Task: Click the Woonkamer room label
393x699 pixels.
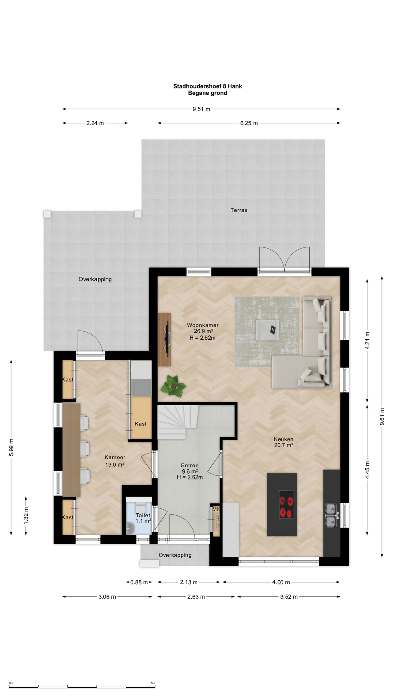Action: (x=203, y=325)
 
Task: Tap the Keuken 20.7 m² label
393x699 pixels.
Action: (x=283, y=442)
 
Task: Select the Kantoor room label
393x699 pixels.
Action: (x=115, y=457)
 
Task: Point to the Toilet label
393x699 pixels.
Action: (x=143, y=515)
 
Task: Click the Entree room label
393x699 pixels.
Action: (x=190, y=465)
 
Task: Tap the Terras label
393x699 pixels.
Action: (x=239, y=210)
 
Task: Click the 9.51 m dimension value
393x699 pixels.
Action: (x=201, y=109)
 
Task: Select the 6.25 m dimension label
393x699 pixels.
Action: (x=249, y=123)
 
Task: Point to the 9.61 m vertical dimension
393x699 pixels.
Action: (x=382, y=416)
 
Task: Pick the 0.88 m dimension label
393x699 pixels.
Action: (x=139, y=582)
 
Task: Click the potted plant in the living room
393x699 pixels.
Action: (x=173, y=386)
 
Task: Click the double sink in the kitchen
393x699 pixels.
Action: (x=331, y=515)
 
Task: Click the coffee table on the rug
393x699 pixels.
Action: (x=267, y=330)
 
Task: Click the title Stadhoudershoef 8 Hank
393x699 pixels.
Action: (x=207, y=86)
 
